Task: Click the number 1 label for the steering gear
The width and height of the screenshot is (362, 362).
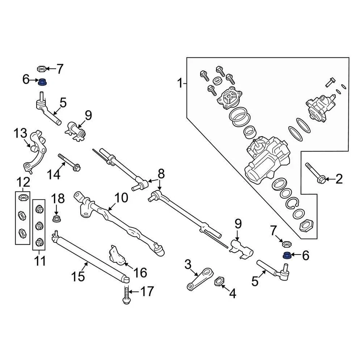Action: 180,82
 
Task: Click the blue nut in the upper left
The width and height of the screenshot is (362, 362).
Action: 42,81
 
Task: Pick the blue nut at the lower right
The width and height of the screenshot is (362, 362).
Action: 287,255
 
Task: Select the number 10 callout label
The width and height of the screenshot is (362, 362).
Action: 121,197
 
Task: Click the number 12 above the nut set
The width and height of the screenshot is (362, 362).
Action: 22,183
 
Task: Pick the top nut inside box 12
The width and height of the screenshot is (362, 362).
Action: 23,198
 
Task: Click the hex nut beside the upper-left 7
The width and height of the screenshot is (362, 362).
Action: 42,69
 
